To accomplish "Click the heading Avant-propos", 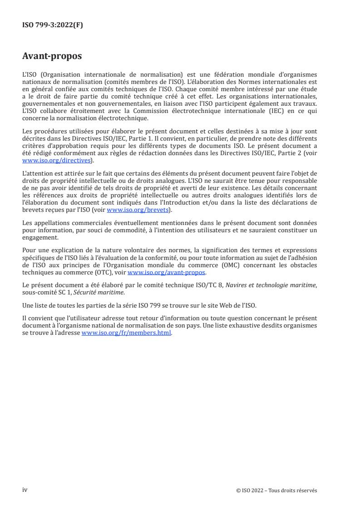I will click(x=52, y=56).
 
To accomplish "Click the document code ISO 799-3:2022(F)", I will click(x=53, y=25).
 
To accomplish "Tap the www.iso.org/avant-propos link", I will click(x=167, y=272).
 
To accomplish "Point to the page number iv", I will click(x=25, y=490).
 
